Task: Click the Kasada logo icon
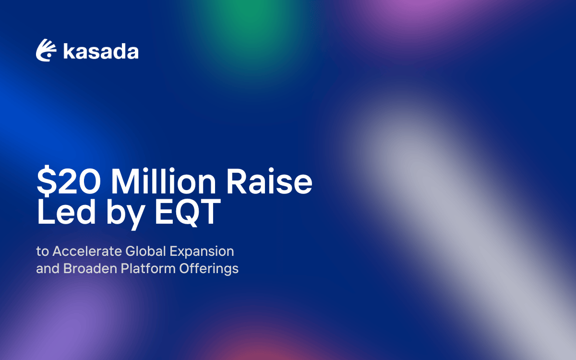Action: tap(47, 50)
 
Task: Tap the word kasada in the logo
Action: tap(101, 51)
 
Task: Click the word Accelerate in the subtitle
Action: tap(87, 251)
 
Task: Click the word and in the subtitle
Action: tap(47, 268)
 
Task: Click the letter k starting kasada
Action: tap(69, 51)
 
